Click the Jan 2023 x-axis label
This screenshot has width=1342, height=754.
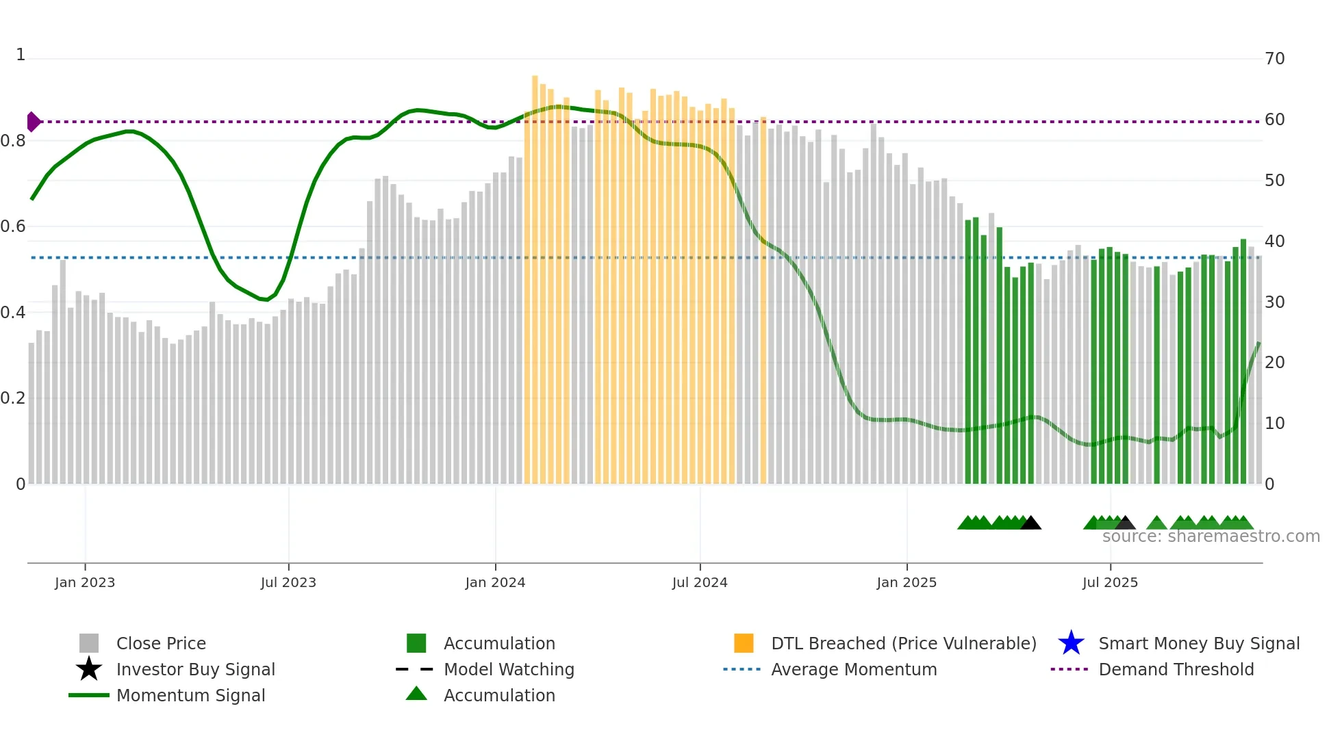(x=85, y=582)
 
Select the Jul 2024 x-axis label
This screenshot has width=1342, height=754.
(x=700, y=582)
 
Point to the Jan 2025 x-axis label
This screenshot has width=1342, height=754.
(x=907, y=582)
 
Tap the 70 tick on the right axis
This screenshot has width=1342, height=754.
(x=1274, y=59)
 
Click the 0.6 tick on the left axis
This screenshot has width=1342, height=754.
(x=13, y=226)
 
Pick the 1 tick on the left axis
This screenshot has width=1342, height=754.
(x=21, y=55)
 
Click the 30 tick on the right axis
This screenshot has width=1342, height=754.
(x=1274, y=302)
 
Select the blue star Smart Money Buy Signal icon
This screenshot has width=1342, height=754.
(x=1071, y=643)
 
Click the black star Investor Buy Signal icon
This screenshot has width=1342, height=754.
(x=89, y=669)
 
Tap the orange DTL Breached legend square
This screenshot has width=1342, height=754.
(x=744, y=643)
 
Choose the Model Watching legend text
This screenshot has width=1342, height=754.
(x=509, y=669)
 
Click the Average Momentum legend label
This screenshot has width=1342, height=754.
(x=854, y=669)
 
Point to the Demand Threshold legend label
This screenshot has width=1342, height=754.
(x=1176, y=669)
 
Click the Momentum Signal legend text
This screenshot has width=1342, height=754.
(x=190, y=695)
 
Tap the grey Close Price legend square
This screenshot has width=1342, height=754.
(x=89, y=643)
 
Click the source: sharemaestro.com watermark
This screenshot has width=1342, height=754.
(x=1211, y=536)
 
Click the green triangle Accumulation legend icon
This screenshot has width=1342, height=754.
(x=416, y=694)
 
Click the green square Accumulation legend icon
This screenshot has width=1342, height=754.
(x=416, y=643)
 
